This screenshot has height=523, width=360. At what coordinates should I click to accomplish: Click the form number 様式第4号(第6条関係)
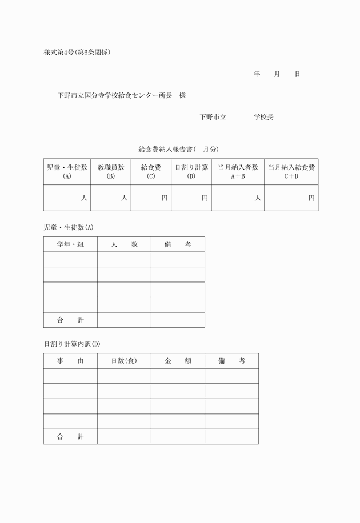pos(77,53)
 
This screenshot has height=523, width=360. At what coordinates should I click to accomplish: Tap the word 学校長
pos(263,116)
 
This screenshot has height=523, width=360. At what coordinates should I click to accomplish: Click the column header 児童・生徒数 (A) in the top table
pos(67,171)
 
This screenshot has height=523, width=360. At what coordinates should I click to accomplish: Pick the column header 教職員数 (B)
pos(111,171)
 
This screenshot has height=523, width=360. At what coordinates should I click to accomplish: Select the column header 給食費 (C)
pos(151,171)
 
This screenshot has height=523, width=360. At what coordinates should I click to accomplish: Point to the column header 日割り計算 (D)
pos(191,171)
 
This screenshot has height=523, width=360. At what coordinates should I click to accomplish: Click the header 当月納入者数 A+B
pos(238,171)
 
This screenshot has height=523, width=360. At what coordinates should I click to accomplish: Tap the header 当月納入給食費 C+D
pos(291,171)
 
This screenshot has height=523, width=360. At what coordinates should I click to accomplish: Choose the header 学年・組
pos(70,244)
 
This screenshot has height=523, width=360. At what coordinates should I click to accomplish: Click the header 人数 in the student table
pos(124,244)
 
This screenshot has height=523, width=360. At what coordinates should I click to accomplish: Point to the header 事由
pos(70,361)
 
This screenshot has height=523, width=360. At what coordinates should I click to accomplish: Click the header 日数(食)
pos(124,361)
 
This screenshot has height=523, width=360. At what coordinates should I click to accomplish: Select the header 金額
pos(178,361)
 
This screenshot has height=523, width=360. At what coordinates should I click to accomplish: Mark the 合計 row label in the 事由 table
pos(70,437)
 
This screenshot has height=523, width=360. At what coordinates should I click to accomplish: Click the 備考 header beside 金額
pos(231,361)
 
